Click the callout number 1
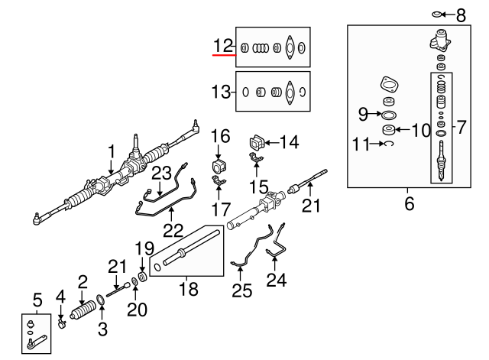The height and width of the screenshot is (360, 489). point(112,151)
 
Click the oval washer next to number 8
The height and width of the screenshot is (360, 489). point(437,15)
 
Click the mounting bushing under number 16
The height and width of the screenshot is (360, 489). point(220,167)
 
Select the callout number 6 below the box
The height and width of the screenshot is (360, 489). point(409,205)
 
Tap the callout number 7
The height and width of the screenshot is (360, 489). point(461,128)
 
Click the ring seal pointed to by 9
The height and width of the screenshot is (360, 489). point(389,115)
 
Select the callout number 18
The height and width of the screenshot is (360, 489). point(186,289)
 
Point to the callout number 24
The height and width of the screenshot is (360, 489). point(276,281)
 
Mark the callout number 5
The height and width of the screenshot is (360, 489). point(36,298)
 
